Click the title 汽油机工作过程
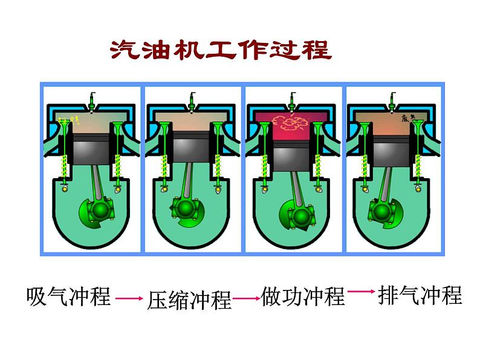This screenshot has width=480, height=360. (221, 50)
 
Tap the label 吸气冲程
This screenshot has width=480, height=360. (69, 297)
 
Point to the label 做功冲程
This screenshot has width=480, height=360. (303, 297)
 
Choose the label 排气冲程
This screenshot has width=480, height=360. (420, 296)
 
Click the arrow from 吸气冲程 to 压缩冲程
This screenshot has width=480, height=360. (128, 298)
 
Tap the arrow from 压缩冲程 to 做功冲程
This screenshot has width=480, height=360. (246, 298)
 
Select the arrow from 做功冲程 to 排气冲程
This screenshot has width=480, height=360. (361, 292)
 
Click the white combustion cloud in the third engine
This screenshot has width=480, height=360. (288, 123)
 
